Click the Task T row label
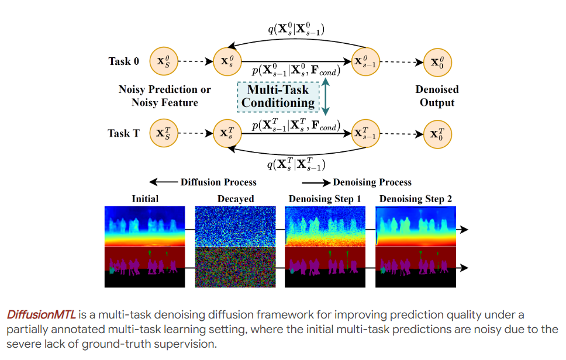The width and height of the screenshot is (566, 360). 123,133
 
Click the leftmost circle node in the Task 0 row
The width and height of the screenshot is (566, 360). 163,61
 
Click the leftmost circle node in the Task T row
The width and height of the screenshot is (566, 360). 163,133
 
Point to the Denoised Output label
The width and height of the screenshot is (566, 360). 437,96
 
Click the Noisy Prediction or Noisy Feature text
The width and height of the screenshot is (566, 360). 164,96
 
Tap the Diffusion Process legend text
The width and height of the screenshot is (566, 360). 218,182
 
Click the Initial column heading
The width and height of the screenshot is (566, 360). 144,199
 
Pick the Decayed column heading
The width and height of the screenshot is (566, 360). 236,199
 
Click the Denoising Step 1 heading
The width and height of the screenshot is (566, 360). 325,199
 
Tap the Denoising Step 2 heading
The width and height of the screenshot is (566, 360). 415,199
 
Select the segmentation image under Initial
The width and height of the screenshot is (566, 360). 144,267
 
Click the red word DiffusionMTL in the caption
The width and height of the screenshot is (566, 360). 42,315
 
